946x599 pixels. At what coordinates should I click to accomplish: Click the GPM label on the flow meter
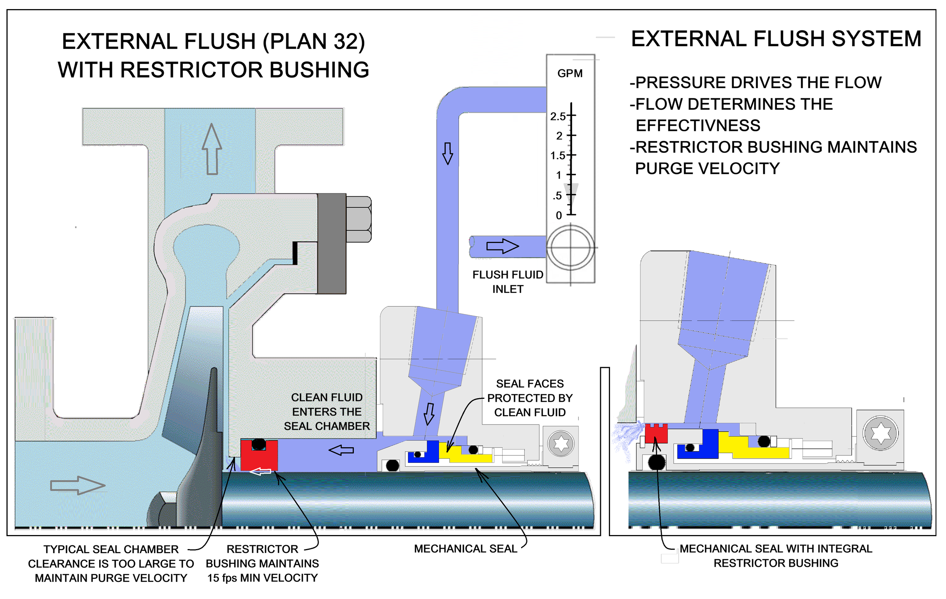coord(569,73)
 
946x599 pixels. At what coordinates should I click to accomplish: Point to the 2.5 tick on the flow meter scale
coord(558,116)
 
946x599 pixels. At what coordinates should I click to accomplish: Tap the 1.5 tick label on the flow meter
coord(557,156)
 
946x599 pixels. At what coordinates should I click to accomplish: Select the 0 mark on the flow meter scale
coord(559,215)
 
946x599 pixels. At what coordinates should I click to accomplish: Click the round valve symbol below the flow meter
coord(570,247)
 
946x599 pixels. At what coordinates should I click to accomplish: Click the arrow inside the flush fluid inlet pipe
coord(503,246)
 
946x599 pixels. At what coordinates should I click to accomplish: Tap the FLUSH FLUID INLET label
coord(507,282)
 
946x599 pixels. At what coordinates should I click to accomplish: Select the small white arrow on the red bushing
coord(260,471)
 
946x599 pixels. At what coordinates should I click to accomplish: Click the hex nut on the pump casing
coord(358,219)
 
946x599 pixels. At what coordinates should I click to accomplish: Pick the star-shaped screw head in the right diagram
coord(881,433)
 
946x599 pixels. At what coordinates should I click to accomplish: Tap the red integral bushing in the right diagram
coord(656,433)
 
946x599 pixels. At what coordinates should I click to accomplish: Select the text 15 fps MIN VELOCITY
coord(263,578)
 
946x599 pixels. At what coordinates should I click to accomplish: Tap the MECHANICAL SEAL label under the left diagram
coord(465,549)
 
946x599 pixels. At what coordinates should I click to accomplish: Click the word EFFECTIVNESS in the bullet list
coord(698,126)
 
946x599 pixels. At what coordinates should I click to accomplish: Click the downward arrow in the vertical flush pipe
coord(448,153)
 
